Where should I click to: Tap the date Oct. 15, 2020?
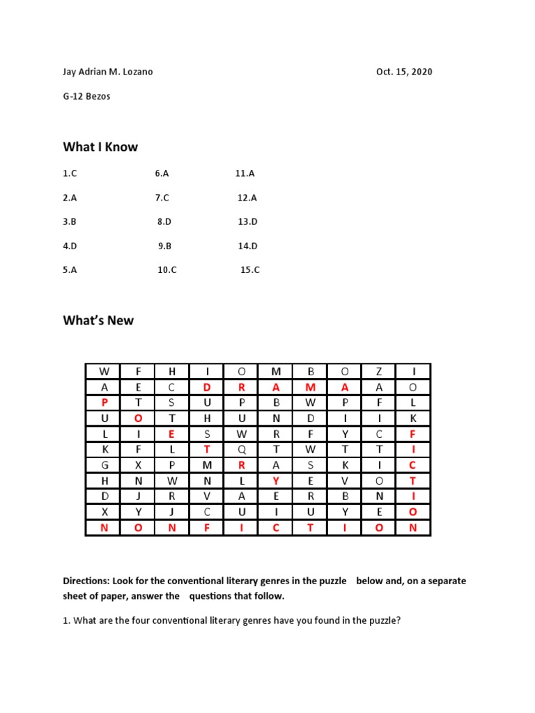click(x=404, y=72)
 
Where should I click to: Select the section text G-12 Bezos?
click(x=86, y=97)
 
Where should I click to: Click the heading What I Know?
click(x=100, y=147)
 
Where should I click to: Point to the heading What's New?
click(x=98, y=321)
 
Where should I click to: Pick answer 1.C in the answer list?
click(x=69, y=173)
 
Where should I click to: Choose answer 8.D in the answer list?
click(x=164, y=222)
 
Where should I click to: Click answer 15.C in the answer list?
click(x=249, y=270)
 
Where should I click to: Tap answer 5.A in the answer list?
click(x=70, y=270)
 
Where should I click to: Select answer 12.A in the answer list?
click(x=247, y=198)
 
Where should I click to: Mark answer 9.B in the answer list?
click(x=164, y=246)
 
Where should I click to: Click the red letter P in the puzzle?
click(x=104, y=402)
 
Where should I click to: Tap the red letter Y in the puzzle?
click(x=276, y=480)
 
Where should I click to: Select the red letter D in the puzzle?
click(x=207, y=387)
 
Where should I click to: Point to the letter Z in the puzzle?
click(x=378, y=371)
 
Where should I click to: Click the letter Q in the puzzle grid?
click(x=242, y=449)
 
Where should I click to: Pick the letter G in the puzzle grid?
click(x=104, y=465)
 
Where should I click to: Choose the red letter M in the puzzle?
click(x=311, y=387)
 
